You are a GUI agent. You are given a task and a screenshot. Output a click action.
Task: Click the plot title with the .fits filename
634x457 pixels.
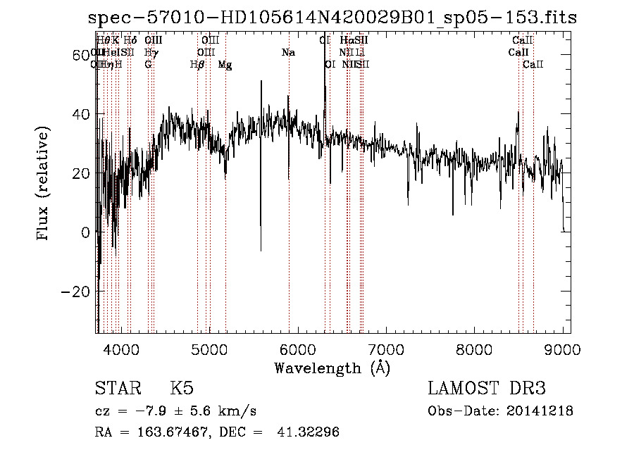pyautogui.click(x=332, y=18)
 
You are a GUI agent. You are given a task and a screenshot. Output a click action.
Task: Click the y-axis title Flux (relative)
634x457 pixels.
pyautogui.click(x=44, y=184)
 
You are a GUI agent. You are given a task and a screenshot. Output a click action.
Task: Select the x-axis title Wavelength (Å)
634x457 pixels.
pyautogui.click(x=332, y=368)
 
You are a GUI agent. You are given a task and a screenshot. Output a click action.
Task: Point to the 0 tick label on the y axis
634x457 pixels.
pyautogui.click(x=85, y=232)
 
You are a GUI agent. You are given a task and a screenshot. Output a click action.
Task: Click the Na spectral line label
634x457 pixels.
pyautogui.click(x=288, y=52)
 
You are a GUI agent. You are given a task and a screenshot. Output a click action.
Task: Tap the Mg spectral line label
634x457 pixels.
pyautogui.click(x=225, y=64)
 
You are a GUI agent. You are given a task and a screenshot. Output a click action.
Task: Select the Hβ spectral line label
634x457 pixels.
pyautogui.click(x=198, y=64)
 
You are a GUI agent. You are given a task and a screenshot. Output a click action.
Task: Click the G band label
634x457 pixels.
pyautogui.click(x=148, y=64)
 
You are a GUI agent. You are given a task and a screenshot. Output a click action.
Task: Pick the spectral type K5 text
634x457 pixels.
pyautogui.click(x=182, y=389)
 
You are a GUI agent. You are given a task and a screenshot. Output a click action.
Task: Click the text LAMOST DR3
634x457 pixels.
pyautogui.click(x=487, y=389)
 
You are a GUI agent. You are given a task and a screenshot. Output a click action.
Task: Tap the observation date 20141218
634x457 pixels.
pyautogui.click(x=540, y=411)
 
